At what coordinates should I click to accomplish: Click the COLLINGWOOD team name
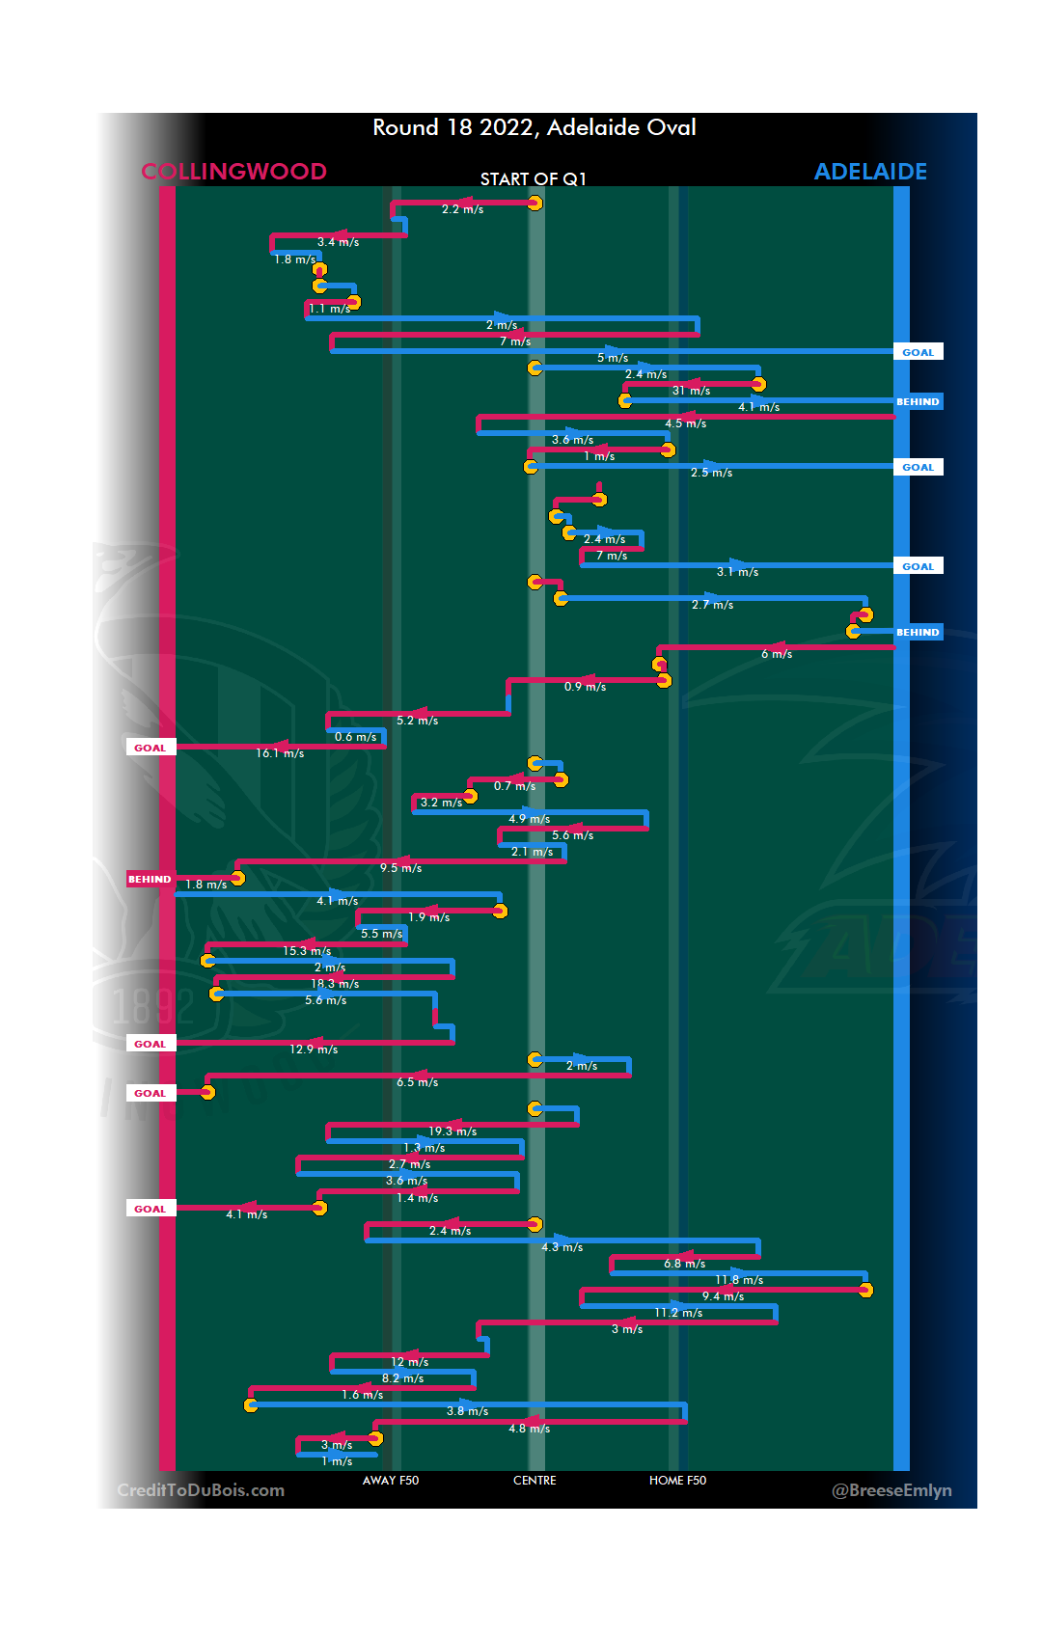pyautogui.click(x=233, y=172)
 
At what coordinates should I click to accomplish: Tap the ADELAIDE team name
pyautogui.click(x=870, y=172)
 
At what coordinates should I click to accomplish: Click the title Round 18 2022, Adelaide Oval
pyautogui.click(x=535, y=127)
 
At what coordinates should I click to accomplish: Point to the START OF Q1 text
pyautogui.click(x=534, y=179)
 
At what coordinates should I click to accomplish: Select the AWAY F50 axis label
pyautogui.click(x=391, y=1481)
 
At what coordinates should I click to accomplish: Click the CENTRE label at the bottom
pyautogui.click(x=535, y=1481)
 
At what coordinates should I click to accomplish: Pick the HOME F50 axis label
pyautogui.click(x=677, y=1481)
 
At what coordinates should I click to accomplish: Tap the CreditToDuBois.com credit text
pyautogui.click(x=201, y=1490)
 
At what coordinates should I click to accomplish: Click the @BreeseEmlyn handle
pyautogui.click(x=891, y=1490)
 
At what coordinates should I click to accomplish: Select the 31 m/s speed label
pyautogui.click(x=691, y=391)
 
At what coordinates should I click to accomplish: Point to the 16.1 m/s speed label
pyautogui.click(x=280, y=753)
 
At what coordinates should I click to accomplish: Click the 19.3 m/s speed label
pyautogui.click(x=452, y=1131)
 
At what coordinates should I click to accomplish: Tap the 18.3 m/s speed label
pyautogui.click(x=335, y=984)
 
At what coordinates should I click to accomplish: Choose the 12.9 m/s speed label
pyautogui.click(x=314, y=1049)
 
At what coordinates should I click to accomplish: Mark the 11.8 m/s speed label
pyautogui.click(x=739, y=1280)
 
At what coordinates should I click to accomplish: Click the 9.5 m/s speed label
pyautogui.click(x=400, y=868)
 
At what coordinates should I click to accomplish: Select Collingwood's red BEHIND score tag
pyautogui.click(x=150, y=879)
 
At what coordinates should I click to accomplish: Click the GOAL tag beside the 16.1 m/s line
pyautogui.click(x=151, y=748)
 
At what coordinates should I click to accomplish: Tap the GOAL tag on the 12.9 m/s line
pyautogui.click(x=151, y=1044)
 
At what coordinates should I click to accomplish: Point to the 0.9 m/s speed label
pyautogui.click(x=585, y=687)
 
